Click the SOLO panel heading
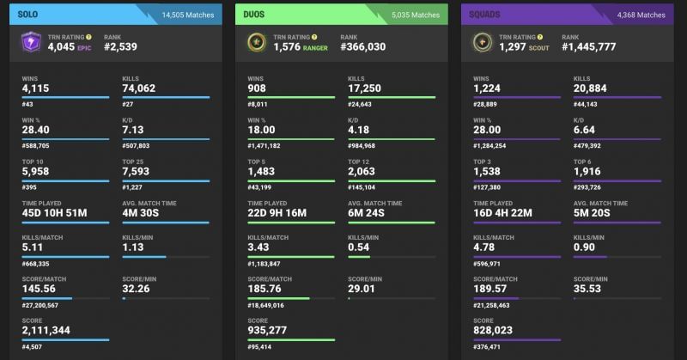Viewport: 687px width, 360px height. pyautogui.click(x=32, y=14)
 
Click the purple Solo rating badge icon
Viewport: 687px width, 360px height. pyautogui.click(x=33, y=43)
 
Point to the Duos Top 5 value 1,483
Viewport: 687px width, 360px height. pyautogui.click(x=261, y=172)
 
